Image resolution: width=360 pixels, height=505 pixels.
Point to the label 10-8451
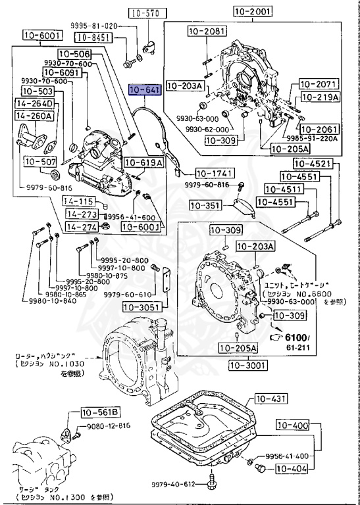pyautogui.click(x=90, y=37)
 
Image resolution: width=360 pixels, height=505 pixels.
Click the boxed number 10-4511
pyautogui.click(x=300, y=189)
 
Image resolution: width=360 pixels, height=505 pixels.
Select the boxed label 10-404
pyautogui.click(x=290, y=469)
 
